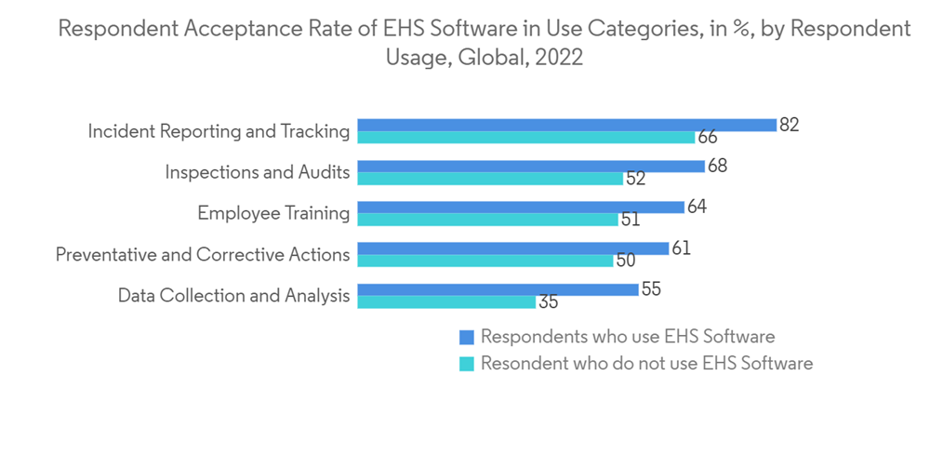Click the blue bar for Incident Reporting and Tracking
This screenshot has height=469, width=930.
(x=566, y=125)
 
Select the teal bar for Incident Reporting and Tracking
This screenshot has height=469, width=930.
(x=525, y=138)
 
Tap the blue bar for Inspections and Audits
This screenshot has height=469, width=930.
(x=530, y=166)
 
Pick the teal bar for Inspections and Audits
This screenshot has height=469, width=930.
(x=489, y=179)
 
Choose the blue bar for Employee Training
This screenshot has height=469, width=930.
(x=520, y=207)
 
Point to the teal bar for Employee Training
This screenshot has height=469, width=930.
(x=486, y=220)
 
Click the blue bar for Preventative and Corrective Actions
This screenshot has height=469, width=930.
(x=512, y=248)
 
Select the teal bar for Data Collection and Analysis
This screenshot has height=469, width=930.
(x=445, y=301)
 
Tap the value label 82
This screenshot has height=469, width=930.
(x=790, y=125)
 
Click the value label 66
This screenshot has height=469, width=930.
(x=708, y=138)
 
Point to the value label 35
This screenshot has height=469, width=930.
(x=548, y=302)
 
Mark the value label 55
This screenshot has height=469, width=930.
(x=651, y=288)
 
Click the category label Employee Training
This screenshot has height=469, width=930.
(x=273, y=213)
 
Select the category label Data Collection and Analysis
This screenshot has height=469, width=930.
(x=233, y=296)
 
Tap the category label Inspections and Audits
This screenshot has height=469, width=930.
(x=258, y=172)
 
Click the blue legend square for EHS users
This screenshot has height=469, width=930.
(x=467, y=337)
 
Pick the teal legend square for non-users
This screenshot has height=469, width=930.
(x=467, y=363)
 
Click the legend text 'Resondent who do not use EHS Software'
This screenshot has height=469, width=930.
(x=646, y=363)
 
